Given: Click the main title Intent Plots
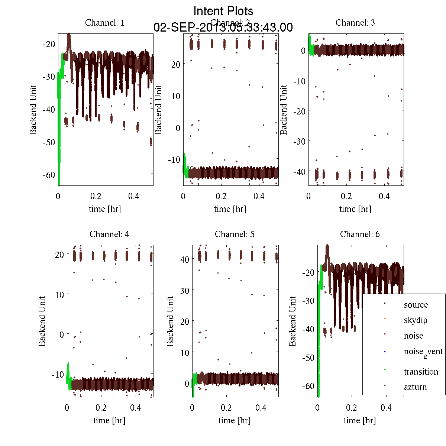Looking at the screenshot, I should click(223, 11).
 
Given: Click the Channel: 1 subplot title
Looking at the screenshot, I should click(104, 23).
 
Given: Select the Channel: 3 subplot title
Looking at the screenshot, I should click(355, 23).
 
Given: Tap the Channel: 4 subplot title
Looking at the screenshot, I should click(109, 234).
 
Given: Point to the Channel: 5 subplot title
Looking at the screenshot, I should click(235, 234).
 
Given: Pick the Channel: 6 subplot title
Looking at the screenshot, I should click(360, 234).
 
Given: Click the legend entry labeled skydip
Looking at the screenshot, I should click(416, 320).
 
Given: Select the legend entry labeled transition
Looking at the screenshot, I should click(421, 372).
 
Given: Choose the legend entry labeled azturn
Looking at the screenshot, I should click(415, 387).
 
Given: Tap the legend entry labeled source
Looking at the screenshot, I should click(416, 305).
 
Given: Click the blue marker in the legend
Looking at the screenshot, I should click(385, 352).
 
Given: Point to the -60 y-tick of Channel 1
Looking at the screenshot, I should click(49, 175).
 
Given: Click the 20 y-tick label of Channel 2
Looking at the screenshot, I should click(175, 64).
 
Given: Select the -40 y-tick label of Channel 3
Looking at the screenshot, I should click(299, 172).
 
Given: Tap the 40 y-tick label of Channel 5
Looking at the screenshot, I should click(184, 259).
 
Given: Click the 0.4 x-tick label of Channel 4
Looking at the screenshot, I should click(136, 408).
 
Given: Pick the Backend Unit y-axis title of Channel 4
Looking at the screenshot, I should click(42, 321).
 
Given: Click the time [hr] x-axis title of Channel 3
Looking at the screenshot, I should click(355, 209).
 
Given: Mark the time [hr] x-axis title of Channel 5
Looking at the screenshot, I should click(235, 420).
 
